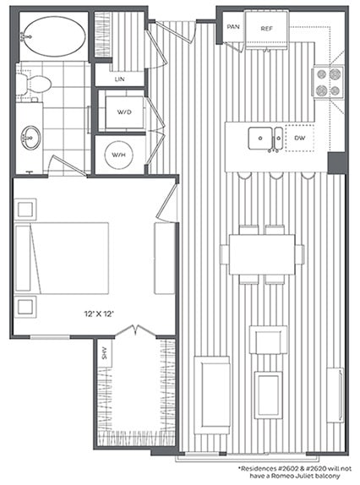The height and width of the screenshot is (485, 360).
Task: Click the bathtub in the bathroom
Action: (53, 36)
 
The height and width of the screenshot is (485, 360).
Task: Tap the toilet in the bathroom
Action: (35, 84)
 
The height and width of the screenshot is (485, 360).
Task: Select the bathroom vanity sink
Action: (30, 136)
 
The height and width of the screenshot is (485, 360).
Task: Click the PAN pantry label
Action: (231, 29)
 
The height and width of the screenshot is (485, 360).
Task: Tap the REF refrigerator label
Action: (266, 29)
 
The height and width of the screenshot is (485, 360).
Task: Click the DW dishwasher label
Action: (298, 136)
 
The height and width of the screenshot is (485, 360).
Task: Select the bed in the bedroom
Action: (63, 258)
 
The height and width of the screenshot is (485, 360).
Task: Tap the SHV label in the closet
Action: (105, 354)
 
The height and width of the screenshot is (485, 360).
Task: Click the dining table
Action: (261, 254)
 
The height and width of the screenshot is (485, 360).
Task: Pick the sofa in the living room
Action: (211, 393)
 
